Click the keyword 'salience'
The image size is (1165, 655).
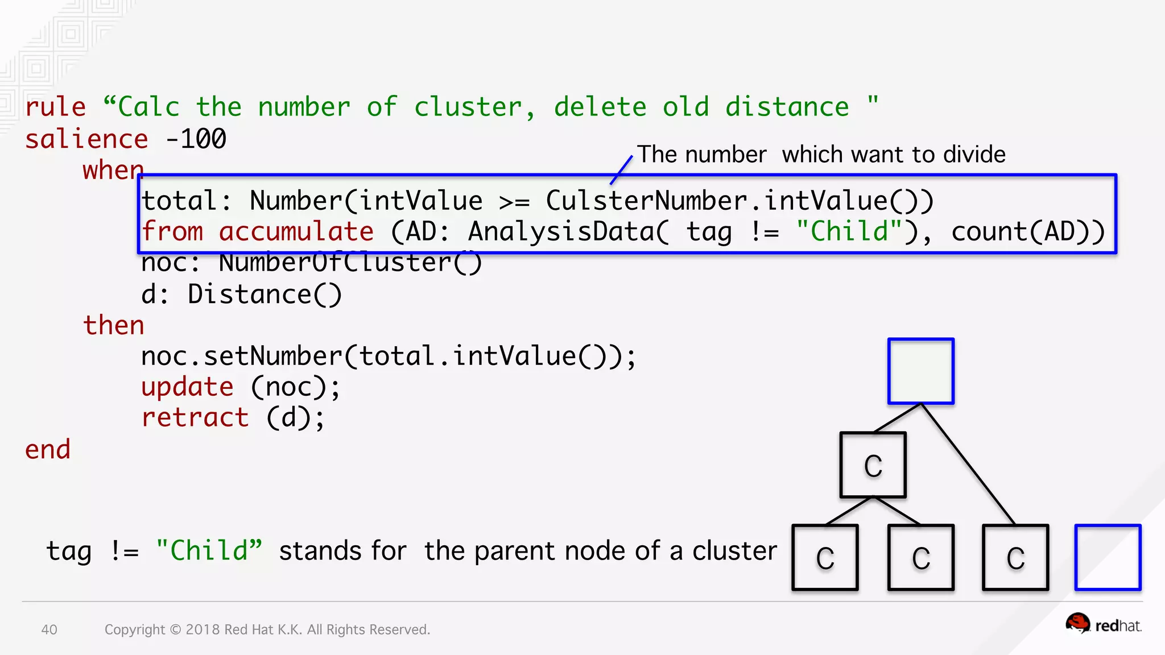[86, 139]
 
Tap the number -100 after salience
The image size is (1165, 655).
[196, 139]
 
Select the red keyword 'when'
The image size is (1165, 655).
[113, 170]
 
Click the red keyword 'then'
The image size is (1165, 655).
[114, 325]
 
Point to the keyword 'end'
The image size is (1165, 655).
[48, 450]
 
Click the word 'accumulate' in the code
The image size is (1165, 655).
[296, 232]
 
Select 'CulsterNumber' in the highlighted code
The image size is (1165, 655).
[646, 201]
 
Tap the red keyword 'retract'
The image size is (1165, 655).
[195, 418]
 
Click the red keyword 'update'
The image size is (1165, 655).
[187, 387]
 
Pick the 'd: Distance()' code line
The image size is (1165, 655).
[241, 295]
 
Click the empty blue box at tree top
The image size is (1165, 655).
[920, 371]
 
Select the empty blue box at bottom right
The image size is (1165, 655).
[1107, 557]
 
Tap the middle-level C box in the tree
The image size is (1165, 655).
[873, 465]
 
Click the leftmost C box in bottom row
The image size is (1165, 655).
[825, 557]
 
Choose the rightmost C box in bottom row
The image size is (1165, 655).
[1015, 557]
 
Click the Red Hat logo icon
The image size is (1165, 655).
[1077, 623]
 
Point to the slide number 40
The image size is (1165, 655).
[49, 629]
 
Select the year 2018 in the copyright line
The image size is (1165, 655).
[203, 629]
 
